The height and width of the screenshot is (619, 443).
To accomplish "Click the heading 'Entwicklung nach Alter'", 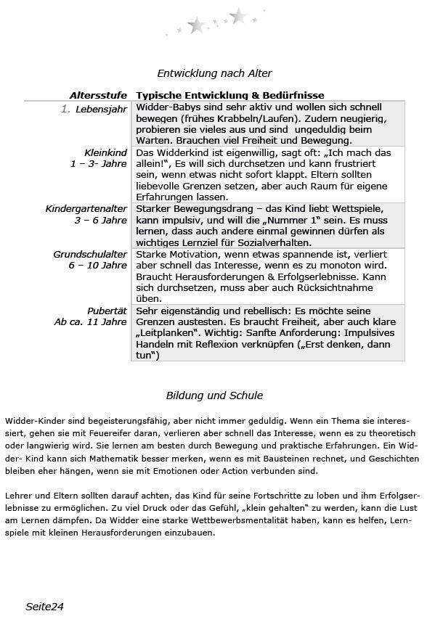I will (214, 73).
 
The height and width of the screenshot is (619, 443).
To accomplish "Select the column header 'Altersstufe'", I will (99, 95).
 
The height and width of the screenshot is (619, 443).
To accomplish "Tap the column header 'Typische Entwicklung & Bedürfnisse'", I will (230, 95).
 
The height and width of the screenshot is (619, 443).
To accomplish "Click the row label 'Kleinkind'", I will (106, 153).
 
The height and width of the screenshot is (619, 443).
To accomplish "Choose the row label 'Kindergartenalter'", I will (86, 209).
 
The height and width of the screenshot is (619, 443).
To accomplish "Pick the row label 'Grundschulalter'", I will (90, 255).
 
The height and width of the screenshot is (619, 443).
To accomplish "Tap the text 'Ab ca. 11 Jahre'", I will (91, 321).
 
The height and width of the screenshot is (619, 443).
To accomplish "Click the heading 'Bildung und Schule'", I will (214, 395).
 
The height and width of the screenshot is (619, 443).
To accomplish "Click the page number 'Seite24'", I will (45, 606).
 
